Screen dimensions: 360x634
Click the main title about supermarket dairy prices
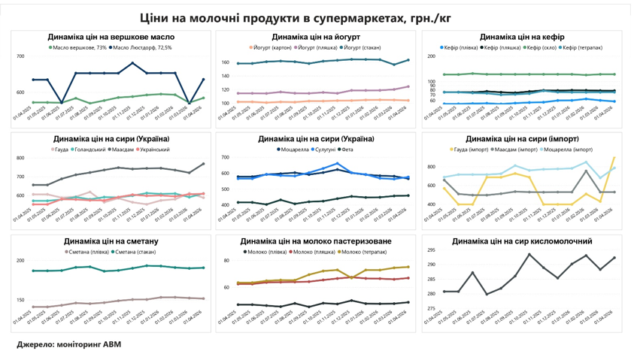(316, 17)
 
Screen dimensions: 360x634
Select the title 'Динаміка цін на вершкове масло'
(111, 37)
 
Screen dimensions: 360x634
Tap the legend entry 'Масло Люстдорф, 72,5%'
(143, 47)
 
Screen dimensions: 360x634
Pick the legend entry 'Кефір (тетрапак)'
(582, 47)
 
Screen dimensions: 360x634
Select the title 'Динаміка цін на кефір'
(522, 37)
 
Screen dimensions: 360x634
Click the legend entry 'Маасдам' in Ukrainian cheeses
(123, 150)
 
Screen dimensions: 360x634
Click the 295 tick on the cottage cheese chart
(432, 250)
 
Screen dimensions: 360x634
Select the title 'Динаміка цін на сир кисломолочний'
(522, 241)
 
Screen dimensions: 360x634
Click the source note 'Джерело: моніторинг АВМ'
(69, 344)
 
